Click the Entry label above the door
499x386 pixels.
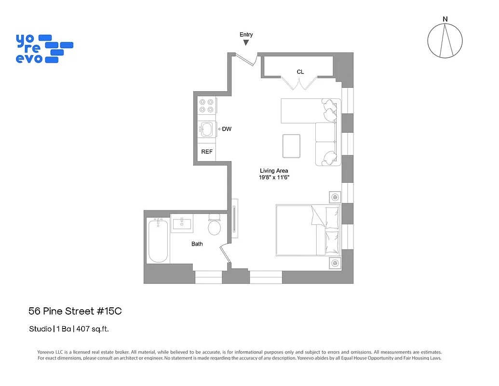coord(246,34)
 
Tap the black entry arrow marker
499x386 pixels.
coord(246,43)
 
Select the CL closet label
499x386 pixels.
coord(300,72)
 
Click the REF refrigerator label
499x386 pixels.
coord(207,152)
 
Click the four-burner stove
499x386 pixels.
coord(207,106)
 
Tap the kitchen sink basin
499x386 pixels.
coord(207,129)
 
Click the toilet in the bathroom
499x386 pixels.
coord(214,226)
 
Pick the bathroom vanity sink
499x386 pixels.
coord(182,223)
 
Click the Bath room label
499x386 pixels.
coord(197,244)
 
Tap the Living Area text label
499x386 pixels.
coord(274,171)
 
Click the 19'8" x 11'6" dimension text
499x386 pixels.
coord(274,178)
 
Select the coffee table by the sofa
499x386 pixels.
coord(292,146)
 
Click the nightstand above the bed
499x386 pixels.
coord(335,197)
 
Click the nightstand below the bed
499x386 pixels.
coord(335,263)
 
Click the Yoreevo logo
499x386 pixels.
coord(44,48)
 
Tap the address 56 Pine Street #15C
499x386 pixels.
coord(75,311)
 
